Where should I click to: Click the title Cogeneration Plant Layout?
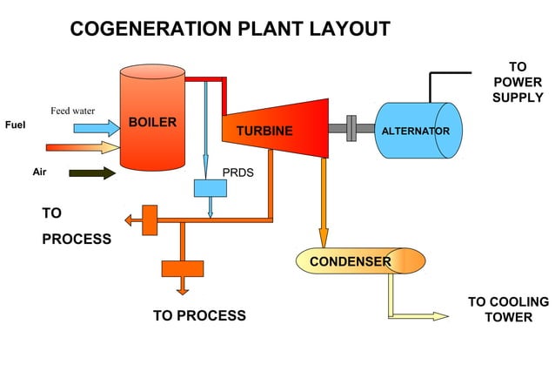pyautogui.click(x=230, y=29)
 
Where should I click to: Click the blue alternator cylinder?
pyautogui.click(x=416, y=131)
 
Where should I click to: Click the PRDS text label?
pyautogui.click(x=237, y=172)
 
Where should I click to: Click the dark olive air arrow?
pyautogui.click(x=92, y=172)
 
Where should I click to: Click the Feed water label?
pyautogui.click(x=72, y=111)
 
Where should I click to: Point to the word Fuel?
pyautogui.click(x=15, y=125)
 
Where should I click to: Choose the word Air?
pyautogui.click(x=39, y=172)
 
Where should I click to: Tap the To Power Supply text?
pyautogui.click(x=517, y=82)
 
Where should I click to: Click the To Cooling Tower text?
pyautogui.click(x=508, y=309)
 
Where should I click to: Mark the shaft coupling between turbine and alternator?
pyautogui.click(x=351, y=128)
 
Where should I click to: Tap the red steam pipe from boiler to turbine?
pyautogui.click(x=209, y=81)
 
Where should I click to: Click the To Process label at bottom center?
pyautogui.click(x=199, y=315)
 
